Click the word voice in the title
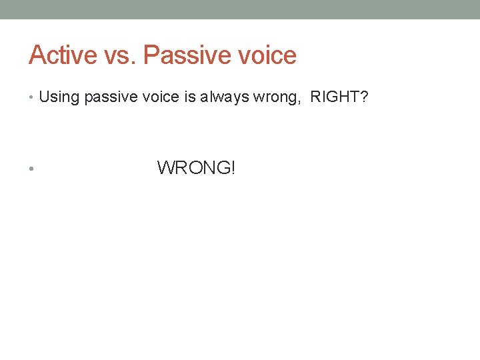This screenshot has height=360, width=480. pos(265,55)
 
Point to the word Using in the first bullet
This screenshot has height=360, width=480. pos(59,97)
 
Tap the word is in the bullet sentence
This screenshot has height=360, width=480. pos(189,97)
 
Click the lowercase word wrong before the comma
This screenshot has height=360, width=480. pos(271,98)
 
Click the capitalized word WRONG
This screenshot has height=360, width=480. pos(193,167)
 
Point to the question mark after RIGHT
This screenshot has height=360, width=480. pos(364,97)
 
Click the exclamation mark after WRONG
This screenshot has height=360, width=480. pos(233,167)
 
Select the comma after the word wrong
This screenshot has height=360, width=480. pos(292,102)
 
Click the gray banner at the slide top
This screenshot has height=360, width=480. pos(240,9)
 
